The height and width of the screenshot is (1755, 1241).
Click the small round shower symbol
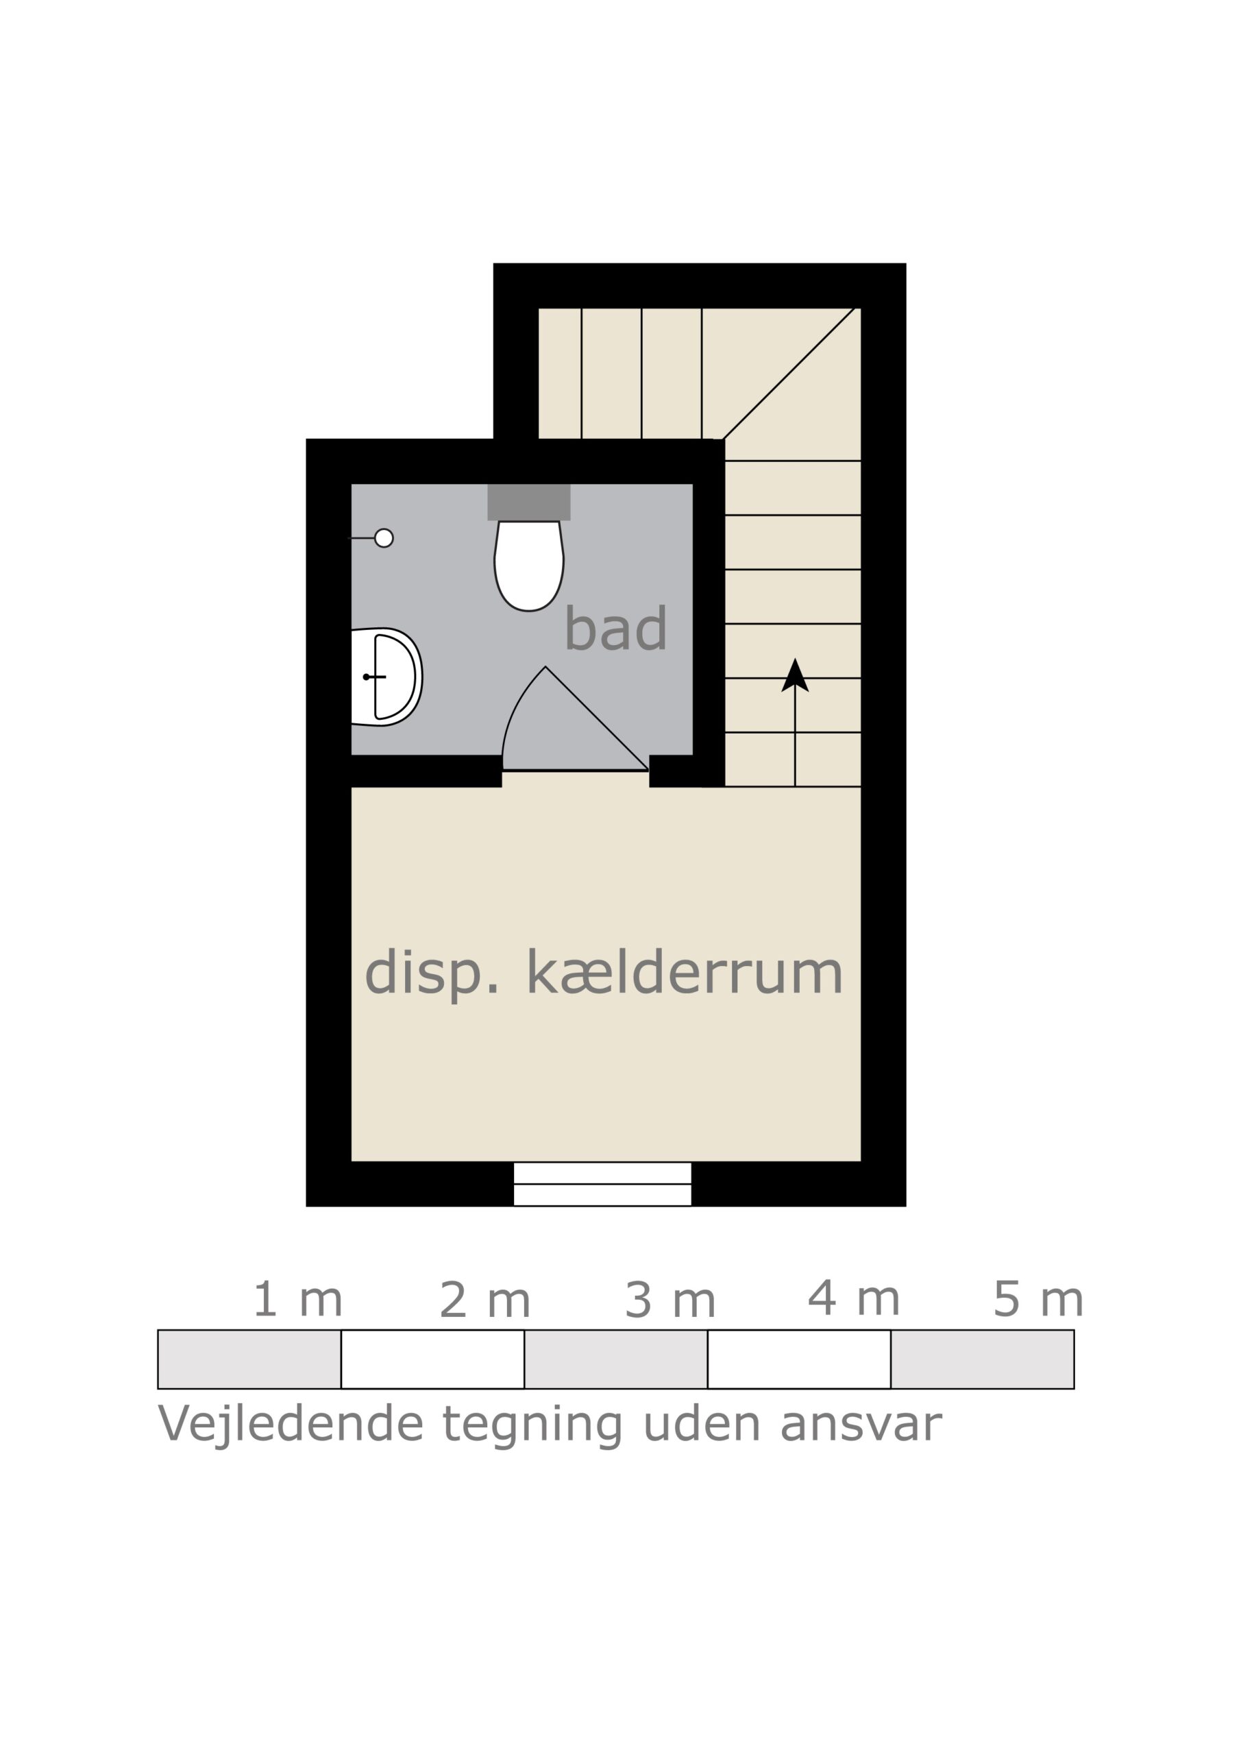tap(384, 538)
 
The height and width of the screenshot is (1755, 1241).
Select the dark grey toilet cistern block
tap(529, 501)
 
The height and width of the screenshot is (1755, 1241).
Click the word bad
tap(615, 629)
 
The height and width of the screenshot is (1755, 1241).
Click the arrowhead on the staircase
tap(795, 676)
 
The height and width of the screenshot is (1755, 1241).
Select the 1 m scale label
tap(297, 1299)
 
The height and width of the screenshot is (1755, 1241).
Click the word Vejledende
tap(291, 1424)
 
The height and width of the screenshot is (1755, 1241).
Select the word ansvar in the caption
tap(861, 1424)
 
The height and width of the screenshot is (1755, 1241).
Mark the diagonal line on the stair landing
tap(789, 373)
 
